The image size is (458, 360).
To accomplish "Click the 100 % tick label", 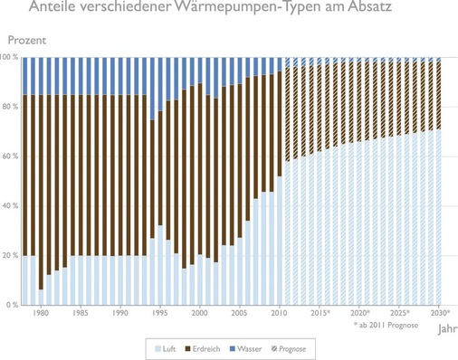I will click(x=10, y=57).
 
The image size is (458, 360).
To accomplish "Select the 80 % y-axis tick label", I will click(x=11, y=107).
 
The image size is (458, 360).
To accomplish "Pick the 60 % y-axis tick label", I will click(x=11, y=156).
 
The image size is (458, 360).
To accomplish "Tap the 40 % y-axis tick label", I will click(x=11, y=206).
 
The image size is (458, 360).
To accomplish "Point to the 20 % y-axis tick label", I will click(x=11, y=256).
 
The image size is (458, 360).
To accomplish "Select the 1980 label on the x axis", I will click(x=40, y=314).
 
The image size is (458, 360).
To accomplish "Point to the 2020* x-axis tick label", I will click(x=359, y=314).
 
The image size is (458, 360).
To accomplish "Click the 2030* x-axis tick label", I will click(x=440, y=314).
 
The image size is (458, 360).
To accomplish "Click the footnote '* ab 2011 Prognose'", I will click(x=385, y=324).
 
